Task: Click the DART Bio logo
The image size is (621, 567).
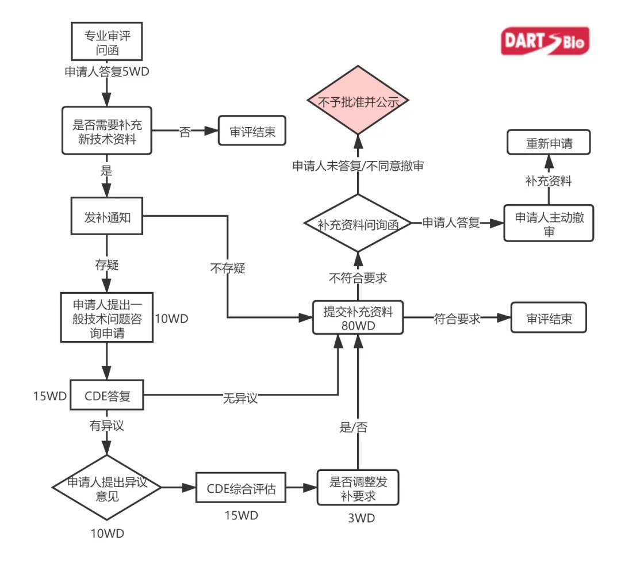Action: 545,41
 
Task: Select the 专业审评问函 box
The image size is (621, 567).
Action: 107,42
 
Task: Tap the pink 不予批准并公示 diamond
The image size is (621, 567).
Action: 358,101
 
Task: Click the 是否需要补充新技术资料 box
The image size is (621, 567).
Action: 107,131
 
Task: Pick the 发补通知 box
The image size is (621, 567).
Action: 107,217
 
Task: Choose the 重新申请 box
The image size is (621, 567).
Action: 549,142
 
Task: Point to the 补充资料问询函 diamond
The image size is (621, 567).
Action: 358,224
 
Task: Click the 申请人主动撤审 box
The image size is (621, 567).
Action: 549,224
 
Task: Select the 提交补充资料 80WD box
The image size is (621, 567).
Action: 358,317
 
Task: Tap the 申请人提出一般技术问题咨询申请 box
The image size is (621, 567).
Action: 107,317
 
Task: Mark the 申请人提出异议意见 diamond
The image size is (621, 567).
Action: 107,488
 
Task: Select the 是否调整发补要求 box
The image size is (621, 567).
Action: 358,488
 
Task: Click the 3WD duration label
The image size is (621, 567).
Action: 361,518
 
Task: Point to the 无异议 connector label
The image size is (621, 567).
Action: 240,397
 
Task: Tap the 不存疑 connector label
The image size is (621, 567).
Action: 227,268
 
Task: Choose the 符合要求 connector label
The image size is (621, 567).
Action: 457,319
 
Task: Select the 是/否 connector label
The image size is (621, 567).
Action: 354,427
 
